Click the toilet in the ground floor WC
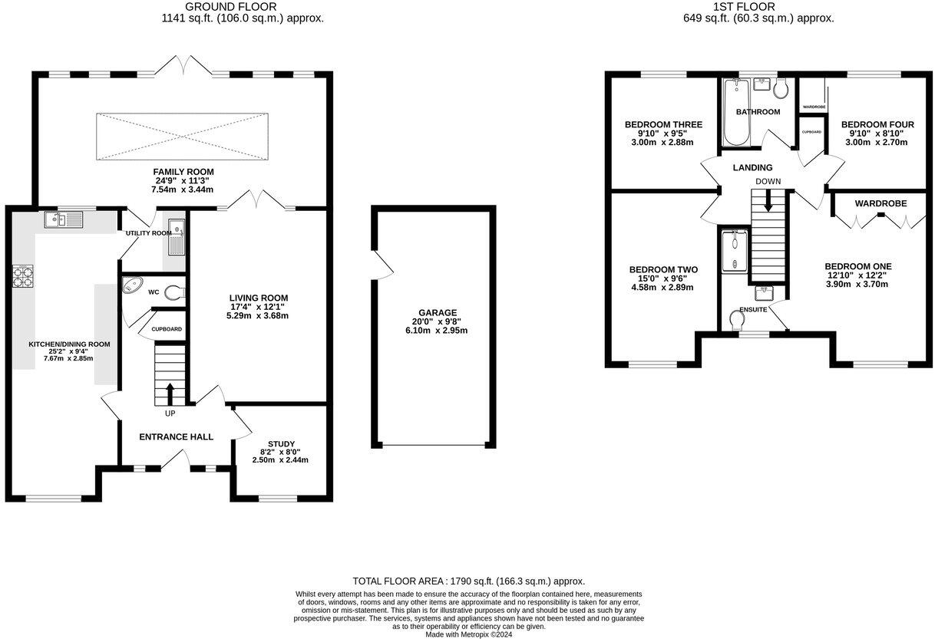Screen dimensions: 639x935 pos(175,291)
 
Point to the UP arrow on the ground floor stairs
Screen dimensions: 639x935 pos(170,394)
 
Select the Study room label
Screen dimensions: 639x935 pos(280,444)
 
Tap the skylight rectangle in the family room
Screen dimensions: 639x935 pos(183,137)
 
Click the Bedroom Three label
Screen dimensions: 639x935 pos(663,124)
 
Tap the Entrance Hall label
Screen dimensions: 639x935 pos(176,436)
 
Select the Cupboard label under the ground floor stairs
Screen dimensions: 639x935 pos(167,329)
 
